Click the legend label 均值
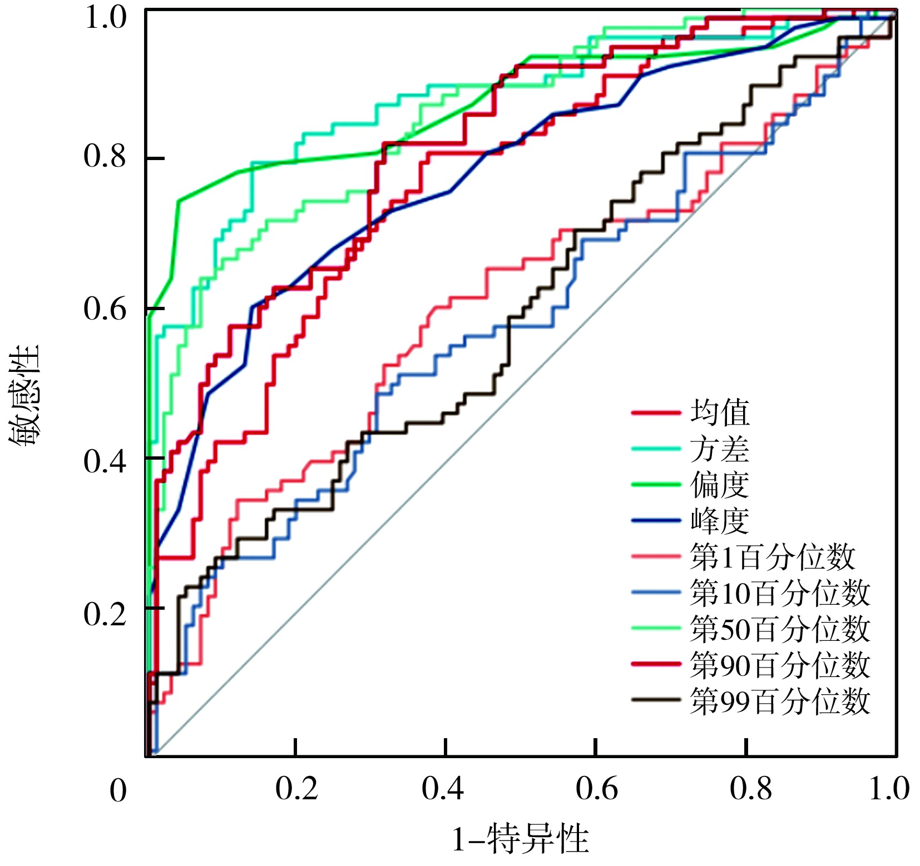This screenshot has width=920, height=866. [720, 413]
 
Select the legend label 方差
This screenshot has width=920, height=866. [720, 449]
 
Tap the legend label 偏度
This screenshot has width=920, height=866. [720, 485]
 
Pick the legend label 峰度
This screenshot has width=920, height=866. [720, 521]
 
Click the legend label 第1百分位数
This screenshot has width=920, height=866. [772, 557]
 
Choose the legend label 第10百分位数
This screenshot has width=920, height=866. [780, 593]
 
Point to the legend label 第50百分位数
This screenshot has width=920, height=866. [780, 629]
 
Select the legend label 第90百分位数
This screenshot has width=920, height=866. [780, 665]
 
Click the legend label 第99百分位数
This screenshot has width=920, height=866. [780, 700]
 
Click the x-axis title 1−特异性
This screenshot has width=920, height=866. [520, 839]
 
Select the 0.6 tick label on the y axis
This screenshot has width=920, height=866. [105, 308]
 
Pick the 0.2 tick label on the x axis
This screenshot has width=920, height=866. [296, 789]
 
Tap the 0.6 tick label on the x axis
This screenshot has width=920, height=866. [596, 789]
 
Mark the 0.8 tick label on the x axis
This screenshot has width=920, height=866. [750, 789]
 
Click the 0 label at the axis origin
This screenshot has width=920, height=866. [118, 791]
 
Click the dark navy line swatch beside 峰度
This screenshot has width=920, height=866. [656, 521]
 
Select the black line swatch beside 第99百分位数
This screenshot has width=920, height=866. [656, 700]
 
